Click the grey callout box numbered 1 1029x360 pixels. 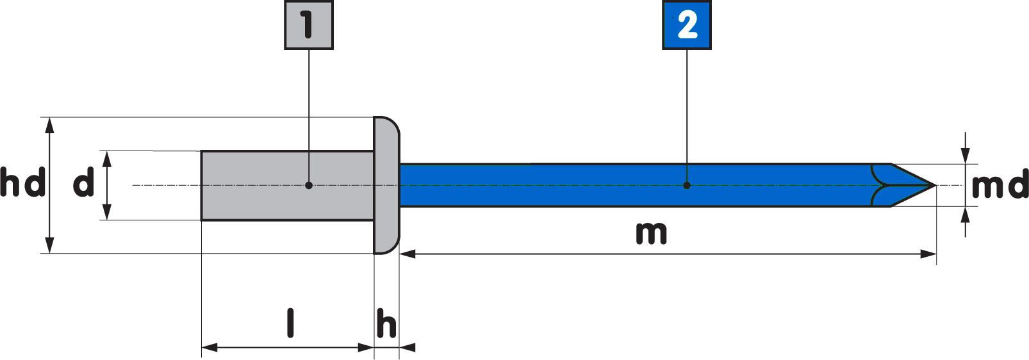point(308,25)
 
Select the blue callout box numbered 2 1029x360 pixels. point(686,26)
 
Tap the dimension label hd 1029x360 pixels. point(22,183)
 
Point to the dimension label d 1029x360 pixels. point(83,184)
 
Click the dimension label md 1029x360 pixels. point(1000,186)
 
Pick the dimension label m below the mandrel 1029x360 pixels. point(651,233)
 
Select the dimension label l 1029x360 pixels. point(290,323)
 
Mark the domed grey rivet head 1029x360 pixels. point(386,185)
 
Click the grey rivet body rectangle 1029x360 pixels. point(269,185)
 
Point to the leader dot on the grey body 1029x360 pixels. point(309,185)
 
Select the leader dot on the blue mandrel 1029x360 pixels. point(687,185)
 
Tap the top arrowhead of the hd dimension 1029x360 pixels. point(50,124)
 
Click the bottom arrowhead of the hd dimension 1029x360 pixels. point(50,246)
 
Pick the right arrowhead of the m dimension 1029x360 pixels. point(929,254)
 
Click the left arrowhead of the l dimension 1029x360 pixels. point(209,348)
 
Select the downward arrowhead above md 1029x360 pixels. point(966,156)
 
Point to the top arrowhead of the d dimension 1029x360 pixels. point(107,158)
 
